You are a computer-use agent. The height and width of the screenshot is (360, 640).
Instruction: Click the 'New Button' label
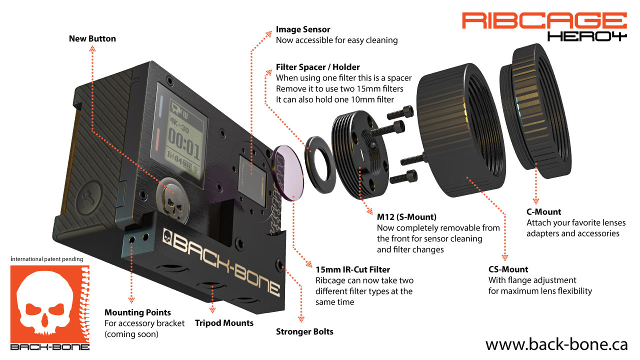tap(92, 38)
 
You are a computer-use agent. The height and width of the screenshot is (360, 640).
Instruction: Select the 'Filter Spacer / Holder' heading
tap(317, 67)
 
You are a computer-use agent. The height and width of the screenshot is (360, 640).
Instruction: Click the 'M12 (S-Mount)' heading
tap(406, 217)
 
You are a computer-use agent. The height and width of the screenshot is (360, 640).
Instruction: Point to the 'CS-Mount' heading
tap(508, 269)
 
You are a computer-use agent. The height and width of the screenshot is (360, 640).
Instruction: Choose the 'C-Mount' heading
tap(543, 211)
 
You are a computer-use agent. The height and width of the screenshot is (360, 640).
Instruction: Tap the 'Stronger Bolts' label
tap(304, 331)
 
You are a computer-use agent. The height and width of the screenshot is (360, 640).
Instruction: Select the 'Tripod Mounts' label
tap(224, 323)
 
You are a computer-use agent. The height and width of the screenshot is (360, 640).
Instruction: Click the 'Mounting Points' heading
tap(137, 312)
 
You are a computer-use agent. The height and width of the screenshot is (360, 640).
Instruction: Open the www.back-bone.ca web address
tap(556, 344)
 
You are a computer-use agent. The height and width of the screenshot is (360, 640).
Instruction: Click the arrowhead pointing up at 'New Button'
tap(92, 49)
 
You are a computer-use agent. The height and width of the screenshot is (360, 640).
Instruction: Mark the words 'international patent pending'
tap(46, 259)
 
